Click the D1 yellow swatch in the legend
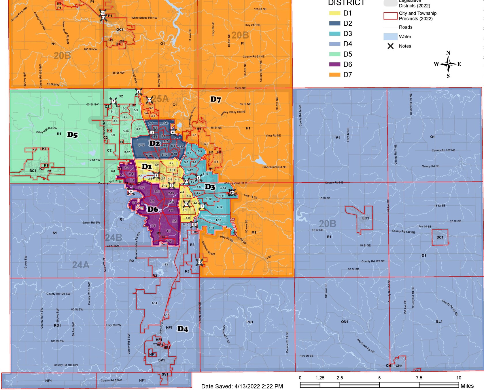(334, 13)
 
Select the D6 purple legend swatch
(334, 64)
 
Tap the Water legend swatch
(390, 37)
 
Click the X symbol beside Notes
(390, 46)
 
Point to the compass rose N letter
(448, 53)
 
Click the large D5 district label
(72, 135)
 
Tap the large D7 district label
(215, 100)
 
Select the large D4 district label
(183, 329)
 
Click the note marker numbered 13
(199, 262)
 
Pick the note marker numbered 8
(139, 92)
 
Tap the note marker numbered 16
(103, 13)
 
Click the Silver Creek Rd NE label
(274, 167)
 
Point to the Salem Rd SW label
(91, 223)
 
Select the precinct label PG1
(250, 322)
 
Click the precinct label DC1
(440, 238)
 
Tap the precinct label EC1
(365, 218)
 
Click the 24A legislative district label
(81, 265)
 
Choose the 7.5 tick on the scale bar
(419, 378)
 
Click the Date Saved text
(242, 386)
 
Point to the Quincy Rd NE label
(430, 166)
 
